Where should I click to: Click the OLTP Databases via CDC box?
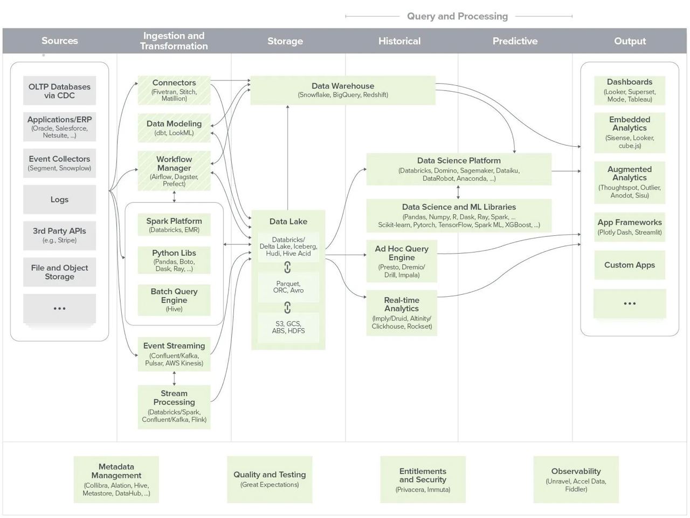coord(59,91)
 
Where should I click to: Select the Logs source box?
coord(59,200)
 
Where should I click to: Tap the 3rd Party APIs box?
coord(59,235)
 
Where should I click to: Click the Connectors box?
coord(174,90)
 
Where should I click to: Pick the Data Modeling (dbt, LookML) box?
coord(174,128)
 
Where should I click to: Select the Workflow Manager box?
coord(174,171)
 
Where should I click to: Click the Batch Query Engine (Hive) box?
coord(174,299)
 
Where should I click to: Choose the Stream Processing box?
coord(174,406)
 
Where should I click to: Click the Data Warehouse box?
coord(343,90)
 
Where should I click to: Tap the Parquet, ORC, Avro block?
coord(288,287)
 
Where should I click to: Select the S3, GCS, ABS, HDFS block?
coord(288,327)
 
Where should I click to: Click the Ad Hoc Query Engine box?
coord(402,261)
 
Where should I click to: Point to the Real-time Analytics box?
coord(402,313)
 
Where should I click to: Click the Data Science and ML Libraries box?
coord(459,215)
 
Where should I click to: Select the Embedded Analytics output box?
coord(630,133)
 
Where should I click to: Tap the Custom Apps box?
coord(630,265)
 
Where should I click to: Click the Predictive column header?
coord(515,41)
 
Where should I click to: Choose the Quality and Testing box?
coord(270,479)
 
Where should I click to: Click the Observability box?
coord(576,479)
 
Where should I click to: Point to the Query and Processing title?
coord(458,16)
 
